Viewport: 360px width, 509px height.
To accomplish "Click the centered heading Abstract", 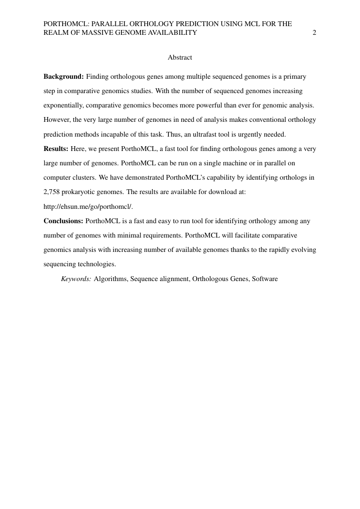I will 180,57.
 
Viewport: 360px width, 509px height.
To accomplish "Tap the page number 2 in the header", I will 314,32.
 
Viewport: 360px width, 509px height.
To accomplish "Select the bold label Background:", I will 64,77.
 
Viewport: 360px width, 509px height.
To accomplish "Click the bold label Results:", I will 56,149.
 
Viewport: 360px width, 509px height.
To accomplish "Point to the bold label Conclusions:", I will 63,221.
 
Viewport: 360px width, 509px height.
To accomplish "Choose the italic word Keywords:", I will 76,279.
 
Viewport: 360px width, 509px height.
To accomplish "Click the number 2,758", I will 52,192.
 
